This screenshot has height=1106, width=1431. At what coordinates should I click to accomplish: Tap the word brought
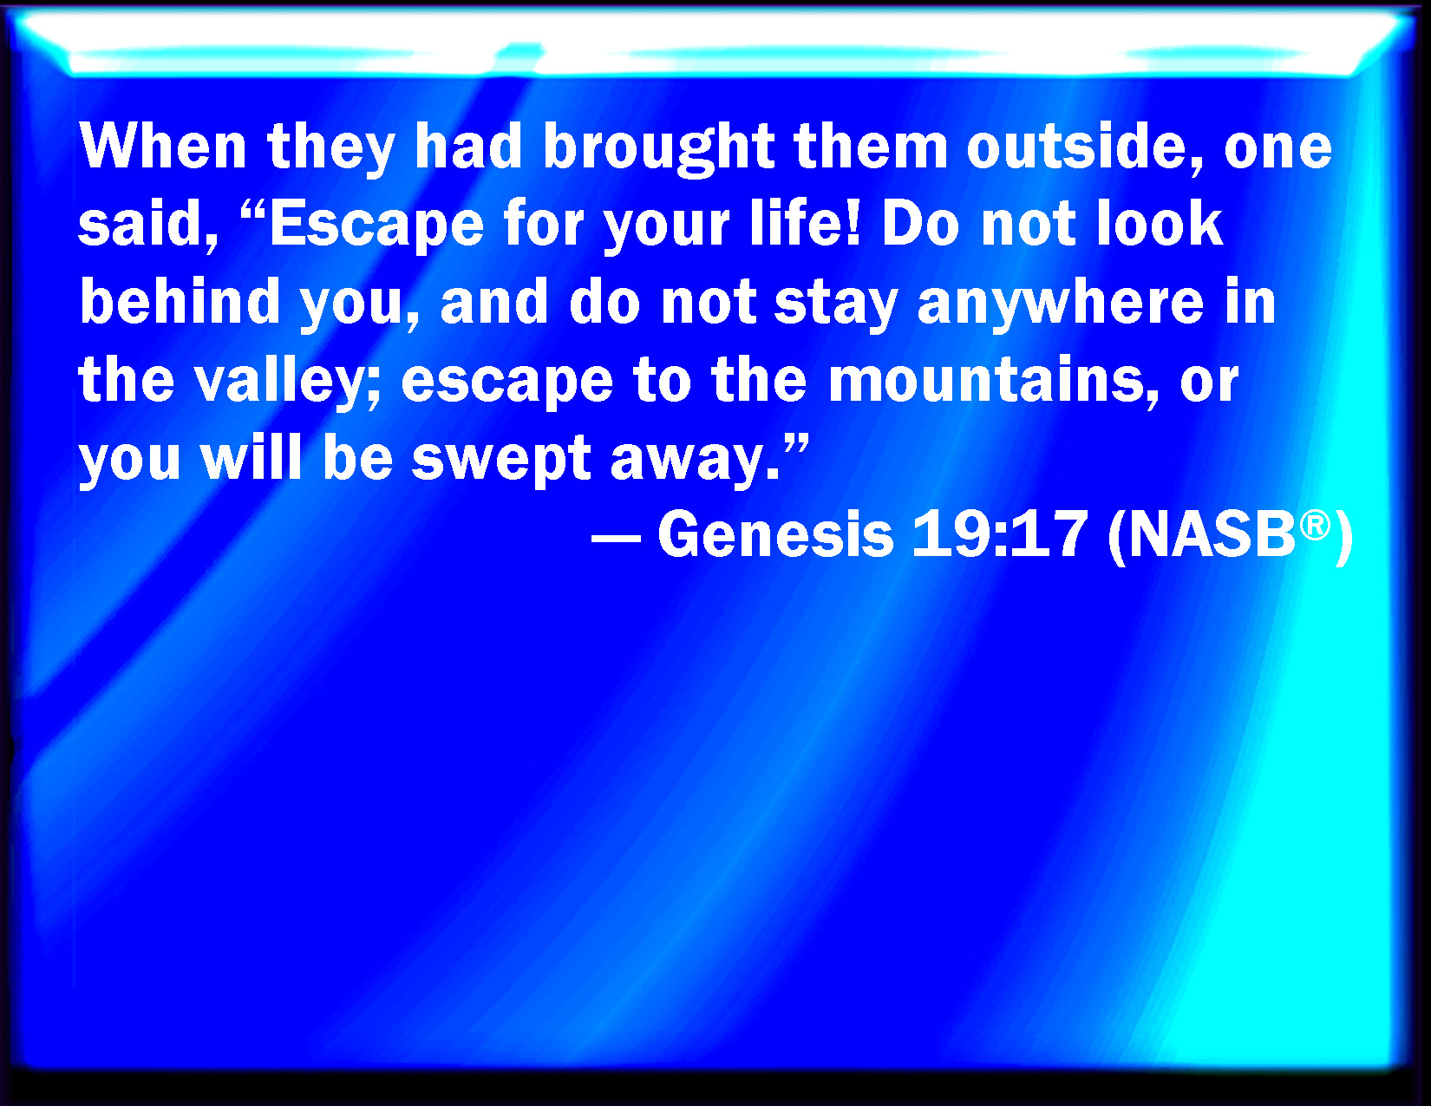click(659, 149)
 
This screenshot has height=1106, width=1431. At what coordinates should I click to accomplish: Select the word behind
click(180, 300)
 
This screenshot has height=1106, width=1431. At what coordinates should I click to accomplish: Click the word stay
click(836, 304)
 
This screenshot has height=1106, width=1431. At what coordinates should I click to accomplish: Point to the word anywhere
click(1060, 304)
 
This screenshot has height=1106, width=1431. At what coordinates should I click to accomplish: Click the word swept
click(501, 461)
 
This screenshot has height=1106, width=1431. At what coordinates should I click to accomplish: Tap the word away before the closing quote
click(696, 461)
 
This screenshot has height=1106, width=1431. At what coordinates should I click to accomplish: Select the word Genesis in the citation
click(775, 534)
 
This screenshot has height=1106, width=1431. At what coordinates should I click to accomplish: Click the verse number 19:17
click(1000, 534)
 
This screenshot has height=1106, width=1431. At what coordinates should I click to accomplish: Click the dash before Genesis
click(617, 537)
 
